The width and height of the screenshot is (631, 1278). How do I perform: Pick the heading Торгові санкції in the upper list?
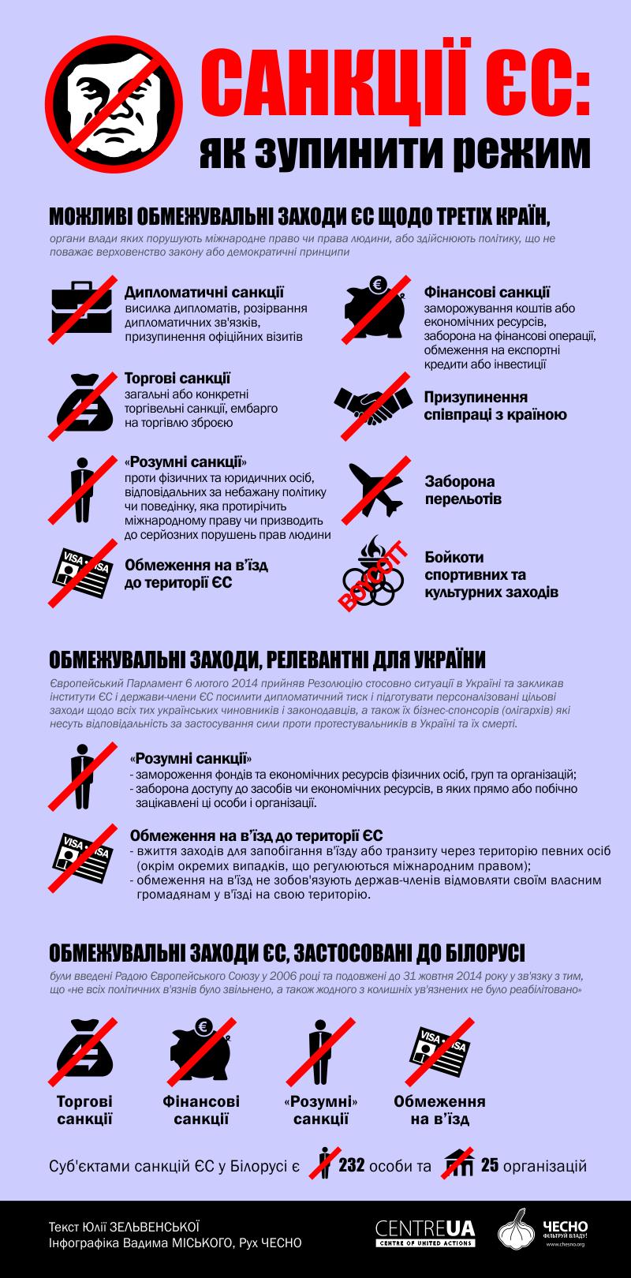tap(177, 379)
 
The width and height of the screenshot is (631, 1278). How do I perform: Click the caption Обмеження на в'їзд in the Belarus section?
tap(439, 1109)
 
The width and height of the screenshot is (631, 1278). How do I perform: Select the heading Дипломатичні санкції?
tap(204, 293)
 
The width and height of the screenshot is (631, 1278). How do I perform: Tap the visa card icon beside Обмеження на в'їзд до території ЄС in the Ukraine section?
tap(82, 854)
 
